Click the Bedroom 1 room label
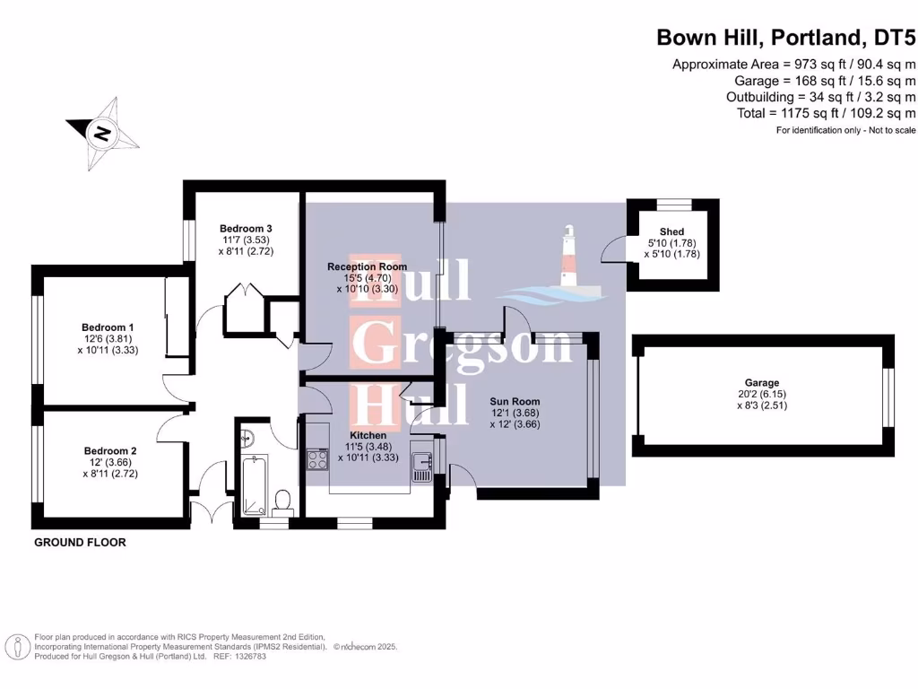pos(108,327)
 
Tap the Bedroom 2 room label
pos(110,450)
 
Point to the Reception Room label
pos(367,266)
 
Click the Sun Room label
pos(515,401)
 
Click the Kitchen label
pos(368,435)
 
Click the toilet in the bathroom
pos(282,501)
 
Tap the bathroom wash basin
pos(248,438)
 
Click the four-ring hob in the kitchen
pos(317,459)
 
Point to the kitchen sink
pos(421,465)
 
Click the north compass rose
pos(103,135)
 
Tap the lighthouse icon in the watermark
pos(567,257)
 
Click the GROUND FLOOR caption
pos(80,543)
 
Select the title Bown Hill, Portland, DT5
pos(786,37)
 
